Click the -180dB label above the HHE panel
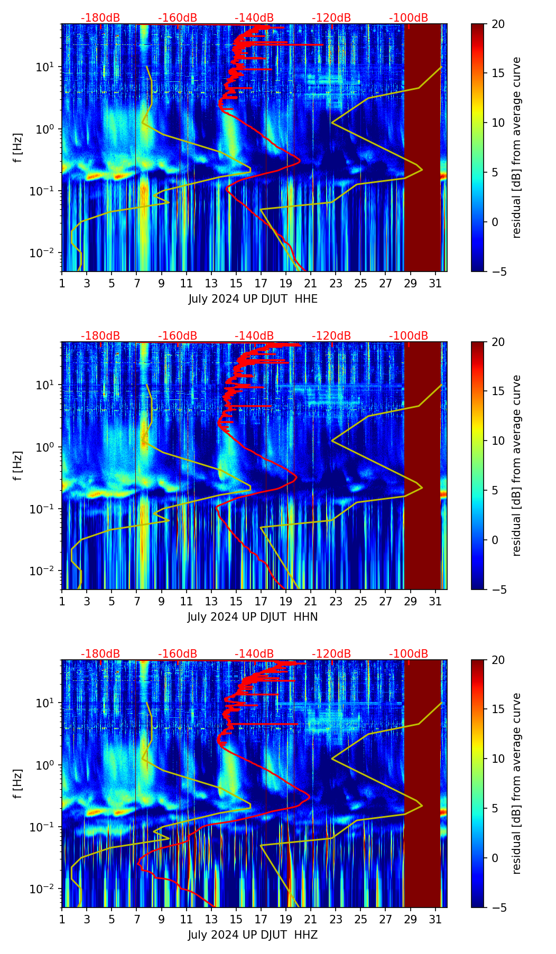point(100,18)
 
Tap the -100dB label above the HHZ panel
point(409,654)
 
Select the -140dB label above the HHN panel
point(254,336)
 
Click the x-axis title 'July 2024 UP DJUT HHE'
point(253,299)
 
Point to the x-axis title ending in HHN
point(253,617)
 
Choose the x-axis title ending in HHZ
point(253,935)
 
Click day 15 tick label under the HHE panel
point(236,284)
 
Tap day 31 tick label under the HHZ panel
point(435,920)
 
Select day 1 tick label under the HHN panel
point(62,602)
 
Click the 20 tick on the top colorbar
point(498,24)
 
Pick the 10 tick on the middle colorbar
point(498,441)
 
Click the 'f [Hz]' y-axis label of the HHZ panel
point(18,783)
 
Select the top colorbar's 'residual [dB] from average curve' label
point(516,147)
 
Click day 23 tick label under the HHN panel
point(336,602)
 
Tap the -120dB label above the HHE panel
point(331,18)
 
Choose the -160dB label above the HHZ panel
point(178,654)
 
